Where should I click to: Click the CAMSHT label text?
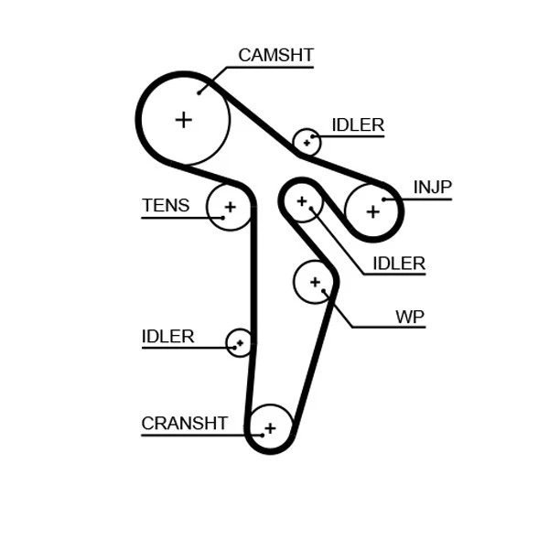275,55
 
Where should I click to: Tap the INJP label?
432,188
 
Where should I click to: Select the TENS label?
166,206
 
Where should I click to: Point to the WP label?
409,317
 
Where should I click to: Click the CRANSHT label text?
184,424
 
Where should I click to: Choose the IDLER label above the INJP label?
357,125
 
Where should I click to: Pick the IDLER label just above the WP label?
398,264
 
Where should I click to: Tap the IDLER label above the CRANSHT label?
167,336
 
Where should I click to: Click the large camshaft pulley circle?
184,119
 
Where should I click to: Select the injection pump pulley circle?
372,211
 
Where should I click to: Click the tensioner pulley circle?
229,207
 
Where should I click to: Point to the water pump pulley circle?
315,282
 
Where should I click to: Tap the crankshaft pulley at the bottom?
269,427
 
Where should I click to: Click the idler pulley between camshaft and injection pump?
307,142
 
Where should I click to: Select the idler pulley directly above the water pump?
301,200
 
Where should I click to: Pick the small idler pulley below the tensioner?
240,343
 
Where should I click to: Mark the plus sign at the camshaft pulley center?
184,119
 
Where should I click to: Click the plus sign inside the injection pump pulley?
372,211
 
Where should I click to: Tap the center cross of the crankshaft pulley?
269,427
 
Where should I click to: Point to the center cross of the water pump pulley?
315,282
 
